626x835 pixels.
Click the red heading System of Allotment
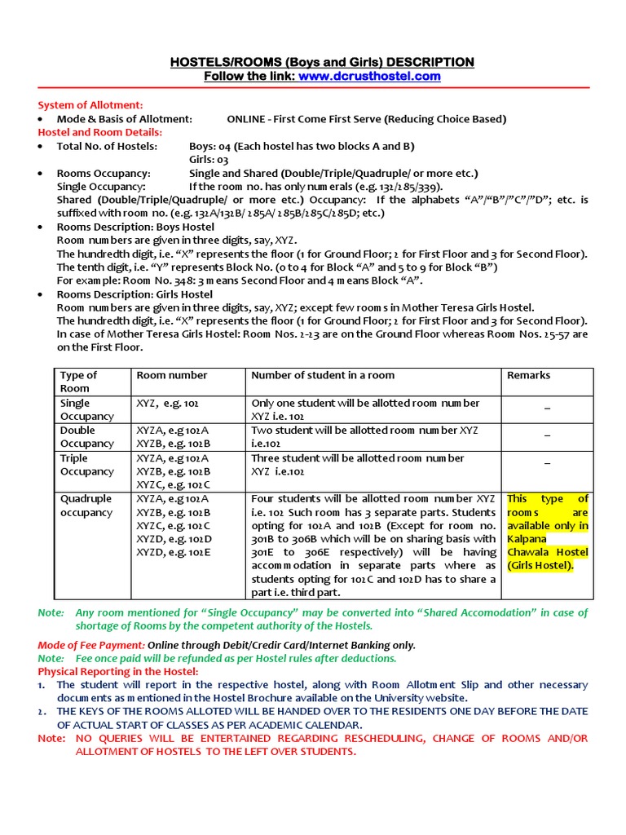(90, 105)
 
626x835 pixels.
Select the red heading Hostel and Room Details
(100, 132)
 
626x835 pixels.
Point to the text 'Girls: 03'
(209, 160)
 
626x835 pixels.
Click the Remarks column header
(528, 375)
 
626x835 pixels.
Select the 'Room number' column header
(171, 375)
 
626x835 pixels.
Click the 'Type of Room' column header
(78, 382)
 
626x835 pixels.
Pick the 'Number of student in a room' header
(323, 375)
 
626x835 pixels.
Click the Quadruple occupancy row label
(86, 506)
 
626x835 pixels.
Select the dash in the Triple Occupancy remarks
(547, 463)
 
